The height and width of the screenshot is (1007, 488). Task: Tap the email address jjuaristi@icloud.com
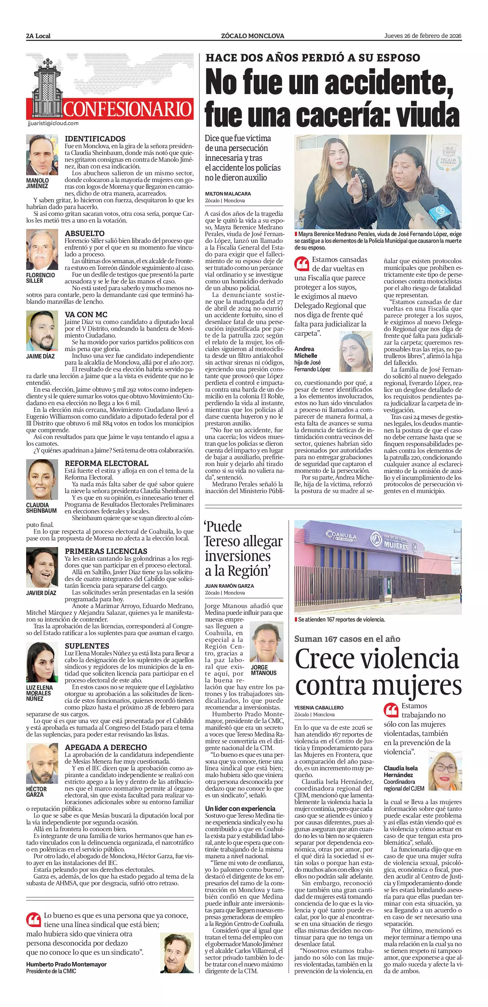[54, 123]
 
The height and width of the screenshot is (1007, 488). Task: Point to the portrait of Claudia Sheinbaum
[42, 480]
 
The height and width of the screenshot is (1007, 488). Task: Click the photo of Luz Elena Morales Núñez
[42, 662]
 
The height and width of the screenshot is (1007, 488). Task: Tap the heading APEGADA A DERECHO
[105, 747]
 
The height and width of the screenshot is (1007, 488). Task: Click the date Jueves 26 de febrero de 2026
[423, 36]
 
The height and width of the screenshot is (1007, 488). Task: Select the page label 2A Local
[38, 36]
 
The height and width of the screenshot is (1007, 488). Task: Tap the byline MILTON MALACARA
[228, 194]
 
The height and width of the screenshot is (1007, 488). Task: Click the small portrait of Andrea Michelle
[356, 351]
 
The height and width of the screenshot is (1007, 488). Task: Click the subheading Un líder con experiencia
[240, 808]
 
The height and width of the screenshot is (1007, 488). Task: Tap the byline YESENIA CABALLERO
[319, 708]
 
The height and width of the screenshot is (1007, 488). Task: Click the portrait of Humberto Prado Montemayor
[177, 953]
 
